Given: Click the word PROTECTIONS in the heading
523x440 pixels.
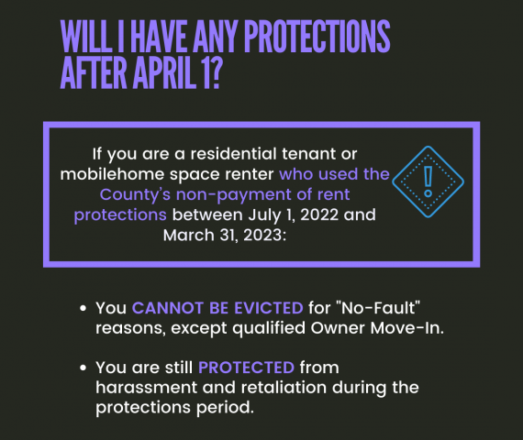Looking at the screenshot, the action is point(317,36).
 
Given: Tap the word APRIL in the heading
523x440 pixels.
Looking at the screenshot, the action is point(164,72).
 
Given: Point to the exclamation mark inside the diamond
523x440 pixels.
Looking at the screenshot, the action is point(428,181).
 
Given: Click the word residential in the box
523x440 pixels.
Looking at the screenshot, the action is point(233,154).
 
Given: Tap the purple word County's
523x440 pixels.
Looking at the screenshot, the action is point(135,195).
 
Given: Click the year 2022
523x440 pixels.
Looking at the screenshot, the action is point(319,215).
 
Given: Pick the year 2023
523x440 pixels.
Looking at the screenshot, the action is point(265,236).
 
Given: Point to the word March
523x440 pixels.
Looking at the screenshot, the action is point(189,236).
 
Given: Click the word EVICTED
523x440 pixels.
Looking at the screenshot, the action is point(269,308).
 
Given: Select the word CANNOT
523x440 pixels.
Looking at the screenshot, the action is point(168,308).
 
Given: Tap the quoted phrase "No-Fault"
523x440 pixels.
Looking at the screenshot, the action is point(379,308).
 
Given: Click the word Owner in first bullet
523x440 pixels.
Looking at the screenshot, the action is point(338,328).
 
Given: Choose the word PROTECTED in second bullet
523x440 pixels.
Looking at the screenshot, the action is point(247,368).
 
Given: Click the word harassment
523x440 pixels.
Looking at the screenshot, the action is point(146,388).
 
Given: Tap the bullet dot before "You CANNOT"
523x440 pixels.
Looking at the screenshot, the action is point(83,308).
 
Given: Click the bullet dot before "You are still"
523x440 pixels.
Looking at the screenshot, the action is point(83,368).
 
